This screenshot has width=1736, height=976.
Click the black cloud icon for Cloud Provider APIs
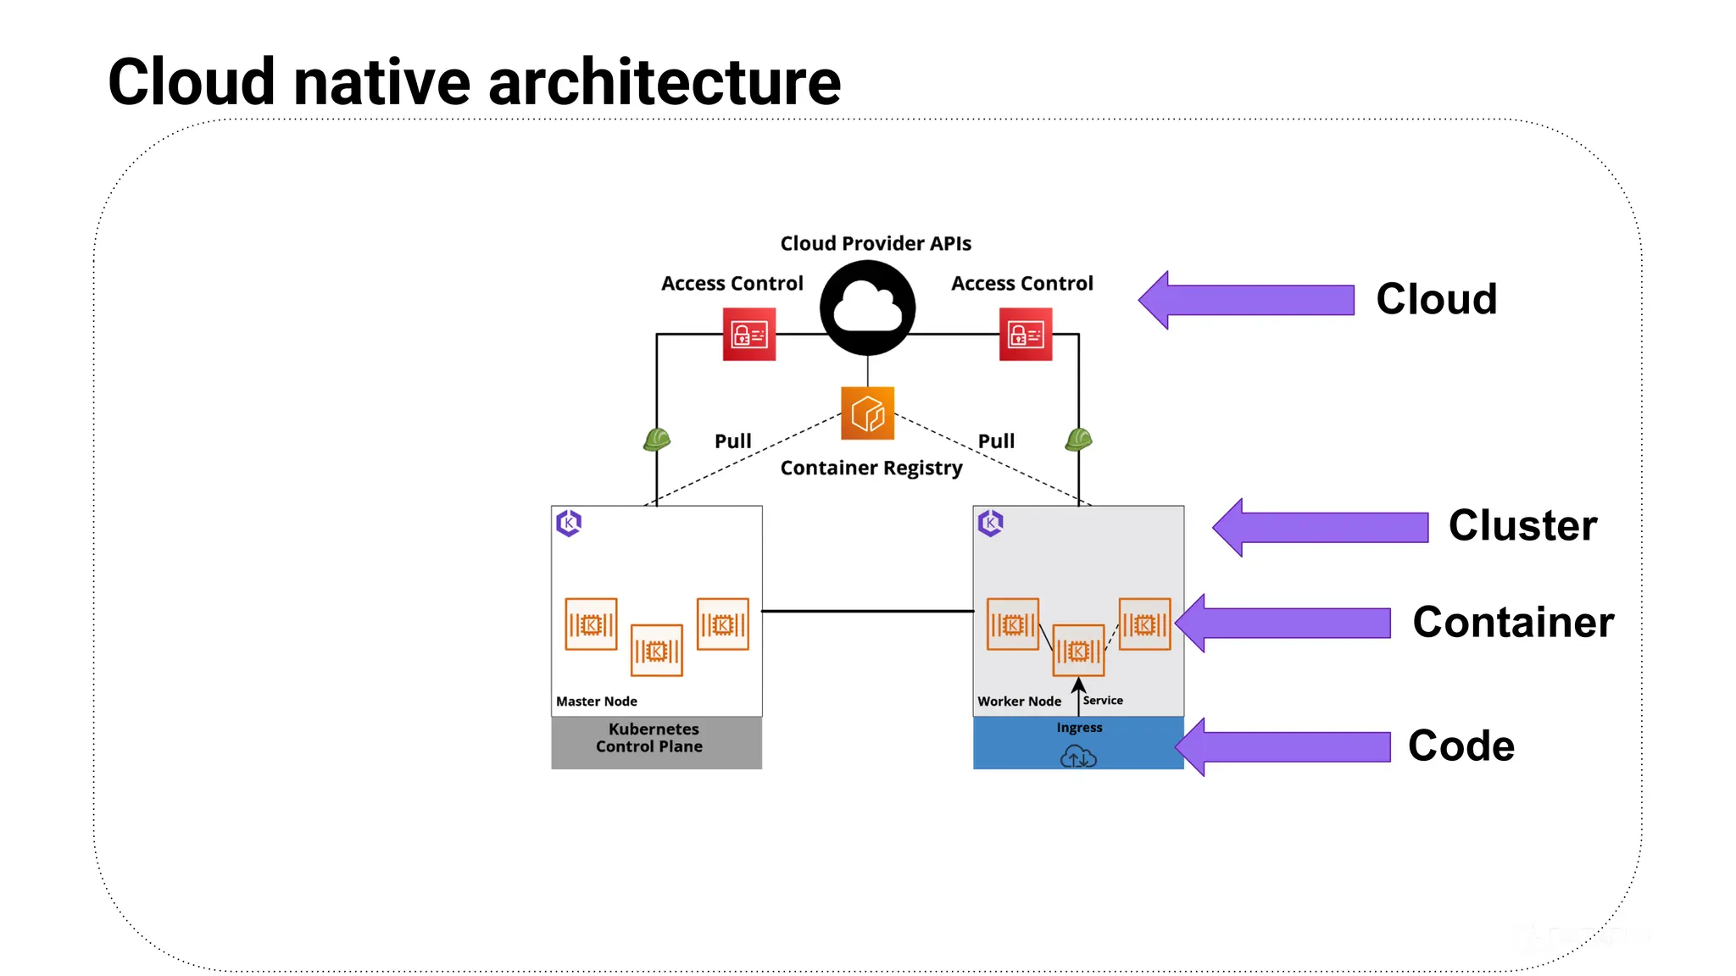867,308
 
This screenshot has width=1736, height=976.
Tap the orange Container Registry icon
867,413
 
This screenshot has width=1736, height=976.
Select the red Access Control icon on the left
748,334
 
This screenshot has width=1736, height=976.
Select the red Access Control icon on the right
1025,334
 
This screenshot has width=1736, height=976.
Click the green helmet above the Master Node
656,439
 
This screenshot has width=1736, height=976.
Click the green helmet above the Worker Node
1078,439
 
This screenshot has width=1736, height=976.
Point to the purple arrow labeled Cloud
1246,300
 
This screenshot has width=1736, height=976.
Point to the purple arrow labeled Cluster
1320,527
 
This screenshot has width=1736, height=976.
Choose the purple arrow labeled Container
1283,623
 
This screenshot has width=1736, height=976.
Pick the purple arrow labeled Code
1283,746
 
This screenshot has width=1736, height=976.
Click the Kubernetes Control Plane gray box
655,741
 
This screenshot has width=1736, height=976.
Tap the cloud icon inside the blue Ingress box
1078,756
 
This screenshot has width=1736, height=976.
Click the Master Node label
596,701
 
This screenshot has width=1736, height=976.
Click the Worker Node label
1019,701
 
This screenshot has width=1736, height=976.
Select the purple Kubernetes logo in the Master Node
569,523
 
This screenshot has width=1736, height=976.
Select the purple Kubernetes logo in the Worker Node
990,523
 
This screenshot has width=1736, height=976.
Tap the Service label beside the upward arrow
1102,701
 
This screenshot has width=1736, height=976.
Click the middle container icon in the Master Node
656,651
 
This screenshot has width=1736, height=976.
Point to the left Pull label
732,441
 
